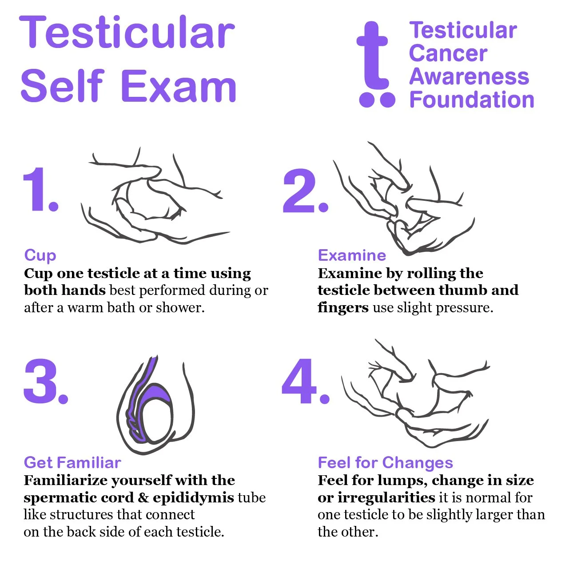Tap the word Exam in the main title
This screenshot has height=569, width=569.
[179, 86]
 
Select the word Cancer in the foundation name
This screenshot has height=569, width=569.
[448, 53]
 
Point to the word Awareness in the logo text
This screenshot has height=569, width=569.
[469, 76]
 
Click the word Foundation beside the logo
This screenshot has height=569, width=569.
[472, 99]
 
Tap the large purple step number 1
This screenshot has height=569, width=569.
[40, 190]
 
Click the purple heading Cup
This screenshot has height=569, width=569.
[40, 255]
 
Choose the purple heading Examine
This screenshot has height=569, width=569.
[352, 255]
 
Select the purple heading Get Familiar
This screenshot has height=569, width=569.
[72, 462]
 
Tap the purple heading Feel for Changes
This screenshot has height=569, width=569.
[385, 462]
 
